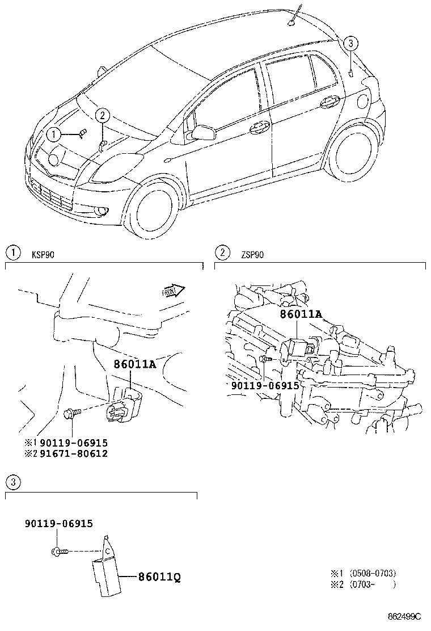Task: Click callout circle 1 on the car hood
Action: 53,134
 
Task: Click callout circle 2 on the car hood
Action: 102,116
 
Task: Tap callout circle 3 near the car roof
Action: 351,44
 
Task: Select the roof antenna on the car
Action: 292,21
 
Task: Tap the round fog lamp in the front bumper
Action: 102,211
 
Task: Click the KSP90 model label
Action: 43,255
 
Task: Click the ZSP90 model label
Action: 252,255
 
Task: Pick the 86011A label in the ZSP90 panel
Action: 301,314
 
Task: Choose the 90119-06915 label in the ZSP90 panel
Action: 265,385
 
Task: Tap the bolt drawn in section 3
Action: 60,550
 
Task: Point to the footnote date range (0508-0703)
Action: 372,573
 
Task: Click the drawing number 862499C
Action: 405,616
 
